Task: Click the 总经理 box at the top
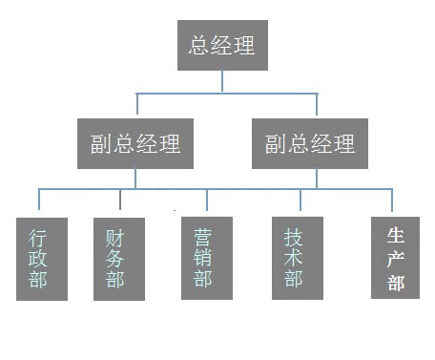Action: (x=222, y=45)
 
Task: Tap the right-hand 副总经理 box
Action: (x=309, y=143)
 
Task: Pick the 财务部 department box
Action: (x=119, y=259)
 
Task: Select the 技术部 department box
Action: (x=296, y=258)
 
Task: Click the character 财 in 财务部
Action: (x=115, y=236)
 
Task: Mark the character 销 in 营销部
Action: (x=203, y=258)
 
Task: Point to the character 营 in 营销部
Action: (x=203, y=235)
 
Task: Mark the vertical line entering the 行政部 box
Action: (x=39, y=203)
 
